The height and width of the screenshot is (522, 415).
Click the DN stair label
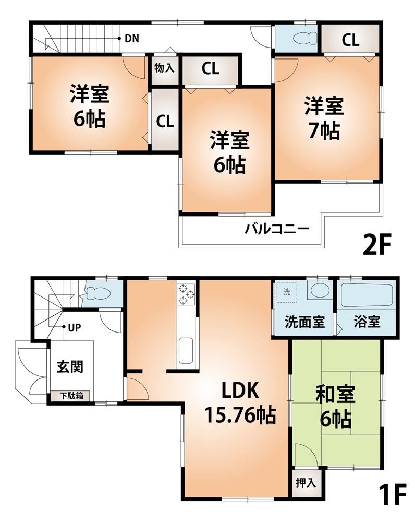tap(131, 38)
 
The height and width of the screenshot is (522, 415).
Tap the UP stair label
tap(74, 328)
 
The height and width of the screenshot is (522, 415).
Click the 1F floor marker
tap(389, 495)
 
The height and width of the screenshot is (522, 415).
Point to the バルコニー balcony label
tap(277, 229)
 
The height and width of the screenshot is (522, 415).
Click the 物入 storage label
tap(164, 68)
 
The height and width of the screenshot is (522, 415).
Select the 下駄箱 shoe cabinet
tap(70, 396)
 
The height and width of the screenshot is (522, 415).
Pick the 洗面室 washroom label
tap(304, 322)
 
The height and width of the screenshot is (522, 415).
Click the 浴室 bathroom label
tap(367, 322)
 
